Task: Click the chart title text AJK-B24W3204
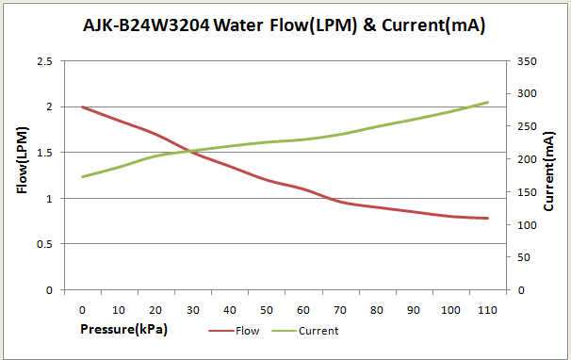pyautogui.click(x=147, y=26)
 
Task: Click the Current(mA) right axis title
pyautogui.click(x=549, y=162)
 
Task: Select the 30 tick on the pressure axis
pyautogui.click(x=193, y=309)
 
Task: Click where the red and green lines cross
pyautogui.click(x=188, y=151)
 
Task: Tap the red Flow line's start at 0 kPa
pyautogui.click(x=83, y=107)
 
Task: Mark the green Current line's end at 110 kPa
pyautogui.click(x=488, y=102)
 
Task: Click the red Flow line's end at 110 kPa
pyautogui.click(x=488, y=218)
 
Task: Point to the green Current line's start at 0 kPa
pyautogui.click(x=83, y=176)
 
